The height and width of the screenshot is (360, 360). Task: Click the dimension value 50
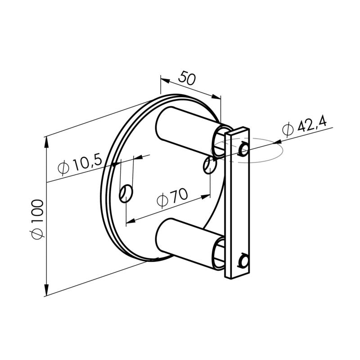click(187, 78)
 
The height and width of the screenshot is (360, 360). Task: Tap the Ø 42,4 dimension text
click(305, 127)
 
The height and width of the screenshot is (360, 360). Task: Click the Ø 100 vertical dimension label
click(38, 219)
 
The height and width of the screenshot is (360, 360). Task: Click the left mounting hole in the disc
click(126, 193)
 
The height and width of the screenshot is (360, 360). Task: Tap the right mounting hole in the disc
click(210, 165)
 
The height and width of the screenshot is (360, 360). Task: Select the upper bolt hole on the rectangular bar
click(243, 149)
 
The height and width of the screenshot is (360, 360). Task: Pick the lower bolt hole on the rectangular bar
click(243, 261)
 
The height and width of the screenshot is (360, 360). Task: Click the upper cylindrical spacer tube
click(188, 131)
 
